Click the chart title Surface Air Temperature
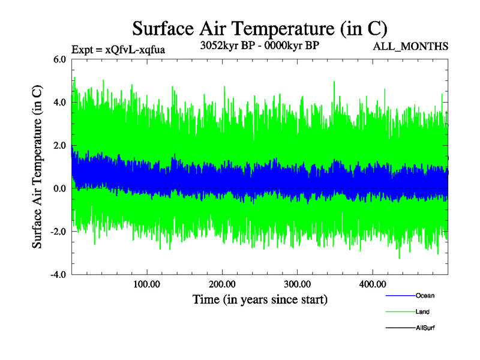pyautogui.click(x=260, y=28)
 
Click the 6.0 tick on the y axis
pyautogui.click(x=59, y=59)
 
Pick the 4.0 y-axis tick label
pyautogui.click(x=59, y=103)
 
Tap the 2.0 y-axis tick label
pyautogui.click(x=59, y=146)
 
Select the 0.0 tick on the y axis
pyautogui.click(x=59, y=189)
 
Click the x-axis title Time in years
pyautogui.click(x=260, y=299)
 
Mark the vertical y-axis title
pyautogui.click(x=37, y=167)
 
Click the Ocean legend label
pyautogui.click(x=425, y=296)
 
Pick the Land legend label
pyautogui.click(x=422, y=312)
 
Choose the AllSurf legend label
pyautogui.click(x=425, y=328)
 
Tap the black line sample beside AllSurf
pyautogui.click(x=399, y=328)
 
